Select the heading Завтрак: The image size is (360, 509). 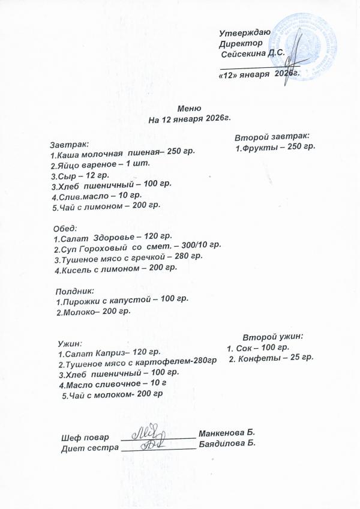69,144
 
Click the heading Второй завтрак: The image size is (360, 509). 271,136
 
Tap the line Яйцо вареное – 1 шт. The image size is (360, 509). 100,164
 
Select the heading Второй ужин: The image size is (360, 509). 272,337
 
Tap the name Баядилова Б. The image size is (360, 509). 227,444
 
